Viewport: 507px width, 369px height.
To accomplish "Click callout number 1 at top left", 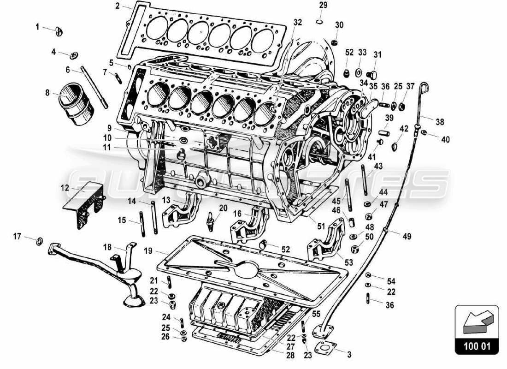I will (x=38, y=27).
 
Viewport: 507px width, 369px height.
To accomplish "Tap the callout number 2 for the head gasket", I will (x=118, y=6).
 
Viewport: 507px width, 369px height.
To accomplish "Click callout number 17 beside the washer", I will (x=18, y=237).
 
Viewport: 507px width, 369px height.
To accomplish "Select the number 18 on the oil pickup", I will (x=107, y=247).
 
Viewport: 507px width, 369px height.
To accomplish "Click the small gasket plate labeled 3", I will (x=325, y=347).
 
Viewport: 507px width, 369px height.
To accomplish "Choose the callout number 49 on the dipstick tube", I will (x=406, y=237).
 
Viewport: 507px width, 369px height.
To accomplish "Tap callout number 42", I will (x=404, y=129).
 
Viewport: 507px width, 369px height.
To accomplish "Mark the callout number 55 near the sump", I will (x=316, y=313).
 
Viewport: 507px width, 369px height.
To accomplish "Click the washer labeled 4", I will (x=73, y=56).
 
